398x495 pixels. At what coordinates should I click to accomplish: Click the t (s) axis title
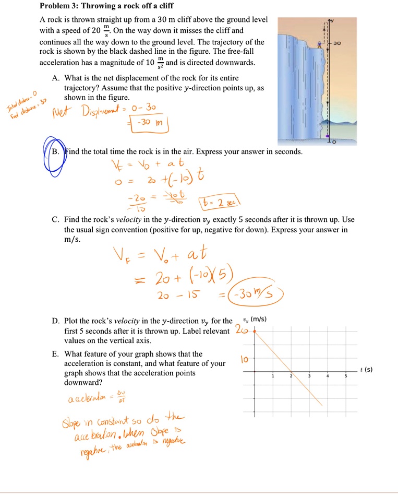366,370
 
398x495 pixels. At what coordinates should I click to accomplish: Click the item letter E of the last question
55,354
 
